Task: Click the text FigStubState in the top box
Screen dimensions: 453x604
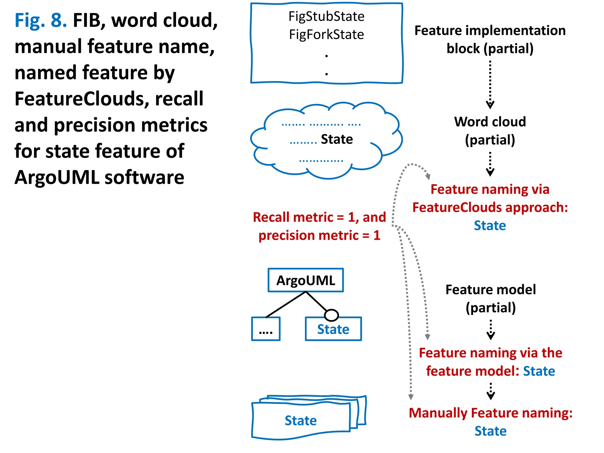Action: pyautogui.click(x=326, y=17)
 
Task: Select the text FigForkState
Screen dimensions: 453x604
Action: pyautogui.click(x=326, y=35)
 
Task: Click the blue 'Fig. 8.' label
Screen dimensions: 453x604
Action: pyautogui.click(x=41, y=21)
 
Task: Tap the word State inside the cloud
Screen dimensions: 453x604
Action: pyautogui.click(x=337, y=139)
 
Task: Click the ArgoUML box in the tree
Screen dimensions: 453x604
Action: pyautogui.click(x=306, y=280)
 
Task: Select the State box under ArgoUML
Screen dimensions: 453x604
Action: pyautogui.click(x=333, y=329)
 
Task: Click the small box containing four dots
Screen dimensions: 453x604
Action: pyautogui.click(x=265, y=329)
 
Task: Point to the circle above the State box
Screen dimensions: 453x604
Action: pyautogui.click(x=331, y=315)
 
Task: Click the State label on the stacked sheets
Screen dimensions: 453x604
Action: pyautogui.click(x=301, y=421)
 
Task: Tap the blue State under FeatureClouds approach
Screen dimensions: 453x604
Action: pyautogui.click(x=490, y=226)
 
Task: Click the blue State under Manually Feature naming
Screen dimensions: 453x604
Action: pyautogui.click(x=490, y=431)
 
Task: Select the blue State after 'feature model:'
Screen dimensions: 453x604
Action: pyautogui.click(x=539, y=371)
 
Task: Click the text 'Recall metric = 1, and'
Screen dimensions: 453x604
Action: pyautogui.click(x=319, y=217)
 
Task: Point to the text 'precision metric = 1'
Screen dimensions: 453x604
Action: pyautogui.click(x=319, y=236)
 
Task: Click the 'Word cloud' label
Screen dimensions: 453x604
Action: pyautogui.click(x=490, y=122)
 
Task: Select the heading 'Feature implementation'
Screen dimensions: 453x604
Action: pyautogui.click(x=490, y=31)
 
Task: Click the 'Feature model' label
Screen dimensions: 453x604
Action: pyautogui.click(x=490, y=290)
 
